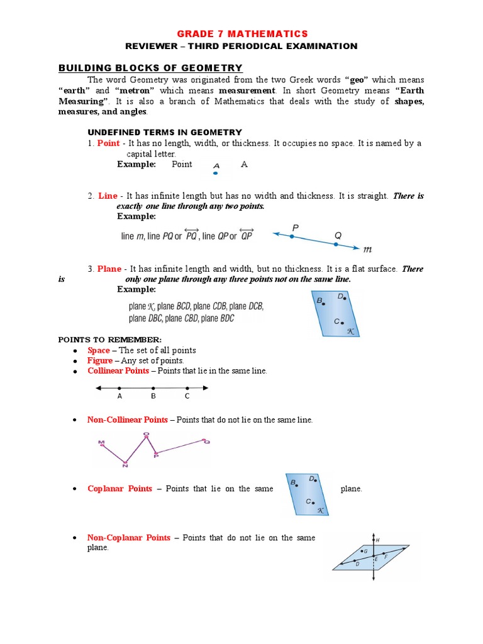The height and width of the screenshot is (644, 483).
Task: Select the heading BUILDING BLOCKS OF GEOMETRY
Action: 150,68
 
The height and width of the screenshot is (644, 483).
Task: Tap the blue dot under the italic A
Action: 216,172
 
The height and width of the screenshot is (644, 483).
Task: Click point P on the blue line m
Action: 292,236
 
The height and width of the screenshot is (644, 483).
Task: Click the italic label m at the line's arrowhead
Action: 368,249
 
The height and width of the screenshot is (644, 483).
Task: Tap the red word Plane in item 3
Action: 109,269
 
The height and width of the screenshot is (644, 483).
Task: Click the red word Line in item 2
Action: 108,196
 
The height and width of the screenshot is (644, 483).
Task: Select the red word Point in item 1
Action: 108,143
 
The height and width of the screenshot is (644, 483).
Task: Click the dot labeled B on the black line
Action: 153,388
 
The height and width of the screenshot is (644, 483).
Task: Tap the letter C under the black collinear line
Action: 187,397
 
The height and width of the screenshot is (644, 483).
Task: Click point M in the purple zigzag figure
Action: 101,443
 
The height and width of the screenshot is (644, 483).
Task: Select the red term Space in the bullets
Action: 99,350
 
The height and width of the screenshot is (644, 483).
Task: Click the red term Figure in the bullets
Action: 100,360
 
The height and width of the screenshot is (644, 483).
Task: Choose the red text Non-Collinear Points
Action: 128,419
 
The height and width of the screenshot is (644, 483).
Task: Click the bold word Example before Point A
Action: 136,164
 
